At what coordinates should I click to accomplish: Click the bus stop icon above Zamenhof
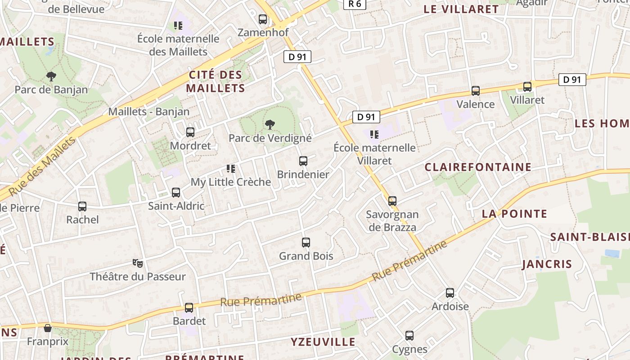[x=263, y=19]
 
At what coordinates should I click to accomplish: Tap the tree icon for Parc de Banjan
[x=51, y=76]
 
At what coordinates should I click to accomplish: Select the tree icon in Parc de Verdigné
[x=270, y=125]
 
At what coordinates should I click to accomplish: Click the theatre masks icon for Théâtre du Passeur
[x=138, y=263]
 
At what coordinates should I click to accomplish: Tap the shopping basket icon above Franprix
[x=48, y=328]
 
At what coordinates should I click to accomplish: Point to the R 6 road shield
[x=355, y=4]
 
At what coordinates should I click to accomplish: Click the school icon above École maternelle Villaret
[x=374, y=134]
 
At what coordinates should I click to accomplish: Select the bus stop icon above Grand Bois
[x=306, y=243]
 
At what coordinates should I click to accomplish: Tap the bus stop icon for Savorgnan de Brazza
[x=392, y=201]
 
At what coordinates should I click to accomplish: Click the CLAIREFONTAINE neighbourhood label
[x=478, y=167]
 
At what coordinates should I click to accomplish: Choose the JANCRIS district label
[x=547, y=264]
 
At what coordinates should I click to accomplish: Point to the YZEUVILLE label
[x=323, y=342]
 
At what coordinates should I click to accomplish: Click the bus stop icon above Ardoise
[x=450, y=293]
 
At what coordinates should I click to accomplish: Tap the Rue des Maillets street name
[x=42, y=166]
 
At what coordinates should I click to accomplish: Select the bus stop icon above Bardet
[x=189, y=308]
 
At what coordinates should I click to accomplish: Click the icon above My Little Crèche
[x=231, y=169]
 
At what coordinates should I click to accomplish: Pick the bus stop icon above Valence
[x=476, y=91]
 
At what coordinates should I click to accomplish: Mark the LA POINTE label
[x=514, y=214]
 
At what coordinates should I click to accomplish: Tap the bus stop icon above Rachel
[x=82, y=207]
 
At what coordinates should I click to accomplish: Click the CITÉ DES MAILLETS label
[x=216, y=81]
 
